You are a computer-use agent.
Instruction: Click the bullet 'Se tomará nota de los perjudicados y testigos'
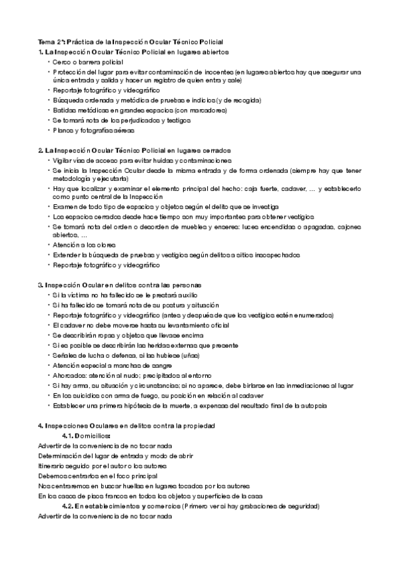(122, 120)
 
